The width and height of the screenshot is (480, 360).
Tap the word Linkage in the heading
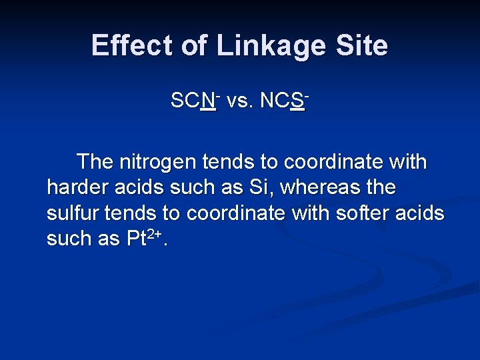(x=269, y=46)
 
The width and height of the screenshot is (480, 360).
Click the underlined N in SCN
(x=208, y=101)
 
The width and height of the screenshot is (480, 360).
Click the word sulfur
(x=70, y=213)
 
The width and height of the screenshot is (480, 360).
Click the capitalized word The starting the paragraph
(x=95, y=162)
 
